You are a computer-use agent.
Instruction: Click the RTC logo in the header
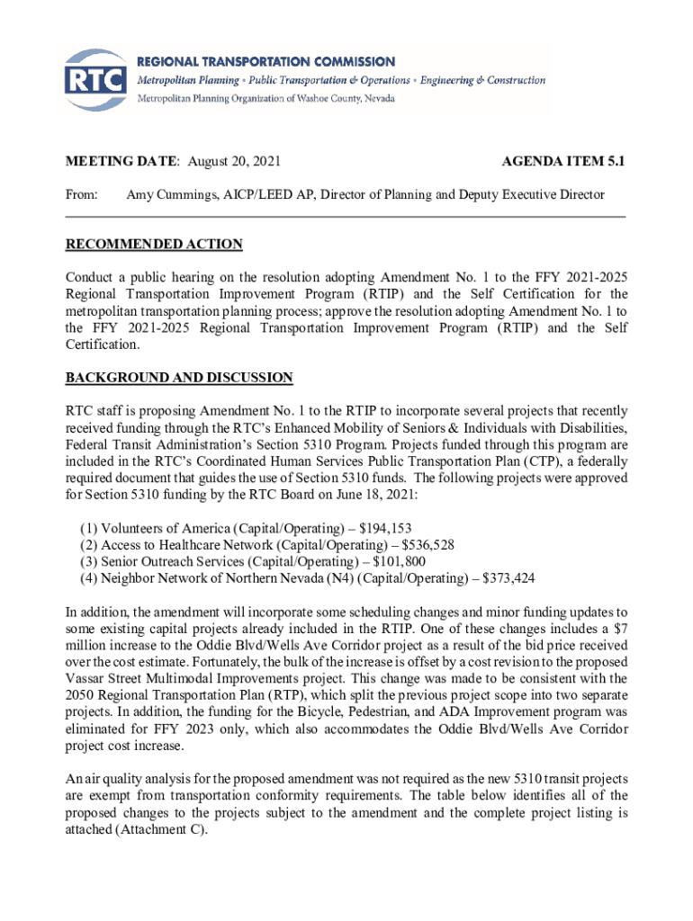tap(94, 79)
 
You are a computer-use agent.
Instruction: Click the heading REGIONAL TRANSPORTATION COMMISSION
tap(265, 62)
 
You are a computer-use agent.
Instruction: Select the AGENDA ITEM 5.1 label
tap(562, 162)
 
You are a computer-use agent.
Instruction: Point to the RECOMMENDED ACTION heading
tap(154, 245)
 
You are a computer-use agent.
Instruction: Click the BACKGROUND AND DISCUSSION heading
tap(179, 378)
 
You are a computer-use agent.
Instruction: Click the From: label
tap(82, 194)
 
